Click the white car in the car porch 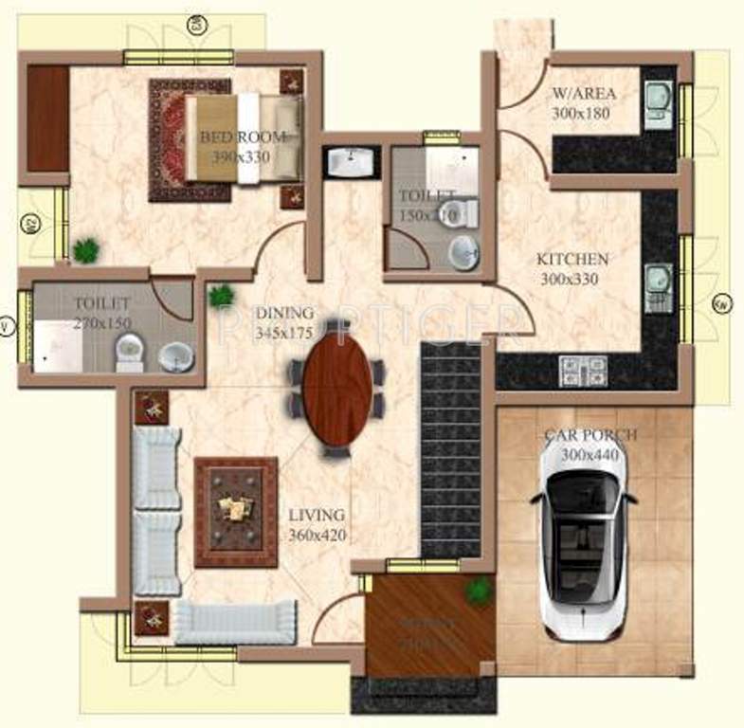580,540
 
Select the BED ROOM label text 243,136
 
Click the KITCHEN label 572,259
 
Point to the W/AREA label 584,93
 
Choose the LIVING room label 317,515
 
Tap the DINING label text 284,314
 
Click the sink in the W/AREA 657,97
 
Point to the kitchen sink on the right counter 658,282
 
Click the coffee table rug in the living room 236,512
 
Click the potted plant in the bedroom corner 86,250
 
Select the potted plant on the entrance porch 479,590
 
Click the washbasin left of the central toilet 352,162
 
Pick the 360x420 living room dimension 318,536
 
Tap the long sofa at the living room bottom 235,623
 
